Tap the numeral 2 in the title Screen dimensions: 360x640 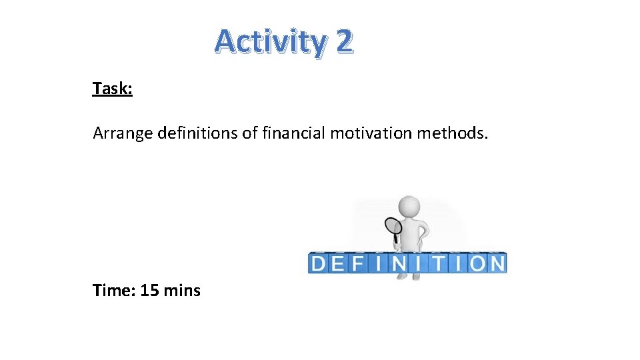click(344, 42)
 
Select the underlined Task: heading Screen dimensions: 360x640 click(113, 88)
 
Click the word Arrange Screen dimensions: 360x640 click(123, 134)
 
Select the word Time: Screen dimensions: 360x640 click(115, 291)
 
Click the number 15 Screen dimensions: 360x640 click(150, 291)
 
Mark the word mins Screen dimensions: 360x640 click(182, 291)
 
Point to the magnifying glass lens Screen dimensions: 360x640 click(393, 226)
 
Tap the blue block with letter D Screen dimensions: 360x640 click(319, 263)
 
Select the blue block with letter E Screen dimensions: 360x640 click(338, 263)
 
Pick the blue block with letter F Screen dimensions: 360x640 click(357, 263)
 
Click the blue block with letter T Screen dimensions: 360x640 click(438, 263)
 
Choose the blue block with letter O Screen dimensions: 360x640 click(477, 263)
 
